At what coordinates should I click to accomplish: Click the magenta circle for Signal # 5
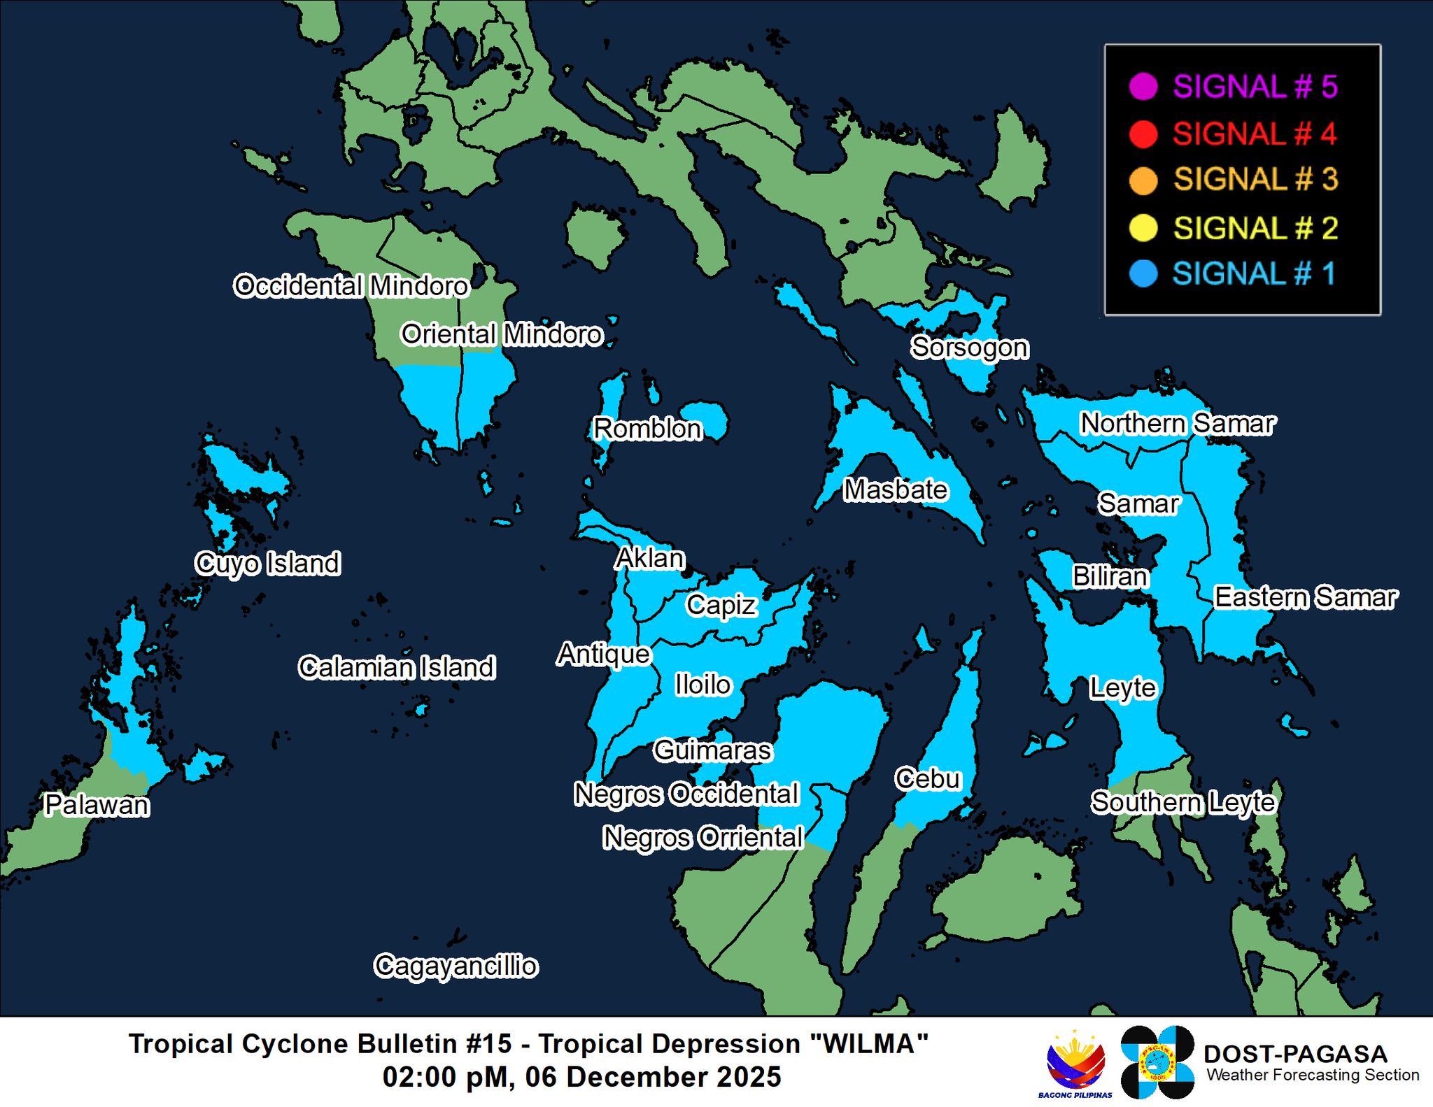[1143, 87]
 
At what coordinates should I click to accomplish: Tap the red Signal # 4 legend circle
[1143, 134]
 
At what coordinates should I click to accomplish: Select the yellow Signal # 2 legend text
[1255, 228]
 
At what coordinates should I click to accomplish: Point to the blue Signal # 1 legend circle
[1143, 273]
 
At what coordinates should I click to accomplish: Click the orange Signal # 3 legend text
[1255, 179]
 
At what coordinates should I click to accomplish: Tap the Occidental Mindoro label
[351, 286]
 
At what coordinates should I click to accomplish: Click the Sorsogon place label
[969, 348]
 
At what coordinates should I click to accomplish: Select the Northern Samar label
[1178, 423]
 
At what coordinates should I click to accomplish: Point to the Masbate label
[896, 490]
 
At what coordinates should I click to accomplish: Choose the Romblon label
[647, 429]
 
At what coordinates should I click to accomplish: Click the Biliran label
[1110, 576]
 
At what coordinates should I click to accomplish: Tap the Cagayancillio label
[456, 966]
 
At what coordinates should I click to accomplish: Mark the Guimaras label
[712, 750]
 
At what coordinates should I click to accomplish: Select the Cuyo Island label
[268, 563]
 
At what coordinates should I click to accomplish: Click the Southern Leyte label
[1183, 802]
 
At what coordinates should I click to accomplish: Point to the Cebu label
[928, 778]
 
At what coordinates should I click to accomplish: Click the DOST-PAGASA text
[1294, 1054]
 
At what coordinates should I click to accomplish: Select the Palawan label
[97, 805]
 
